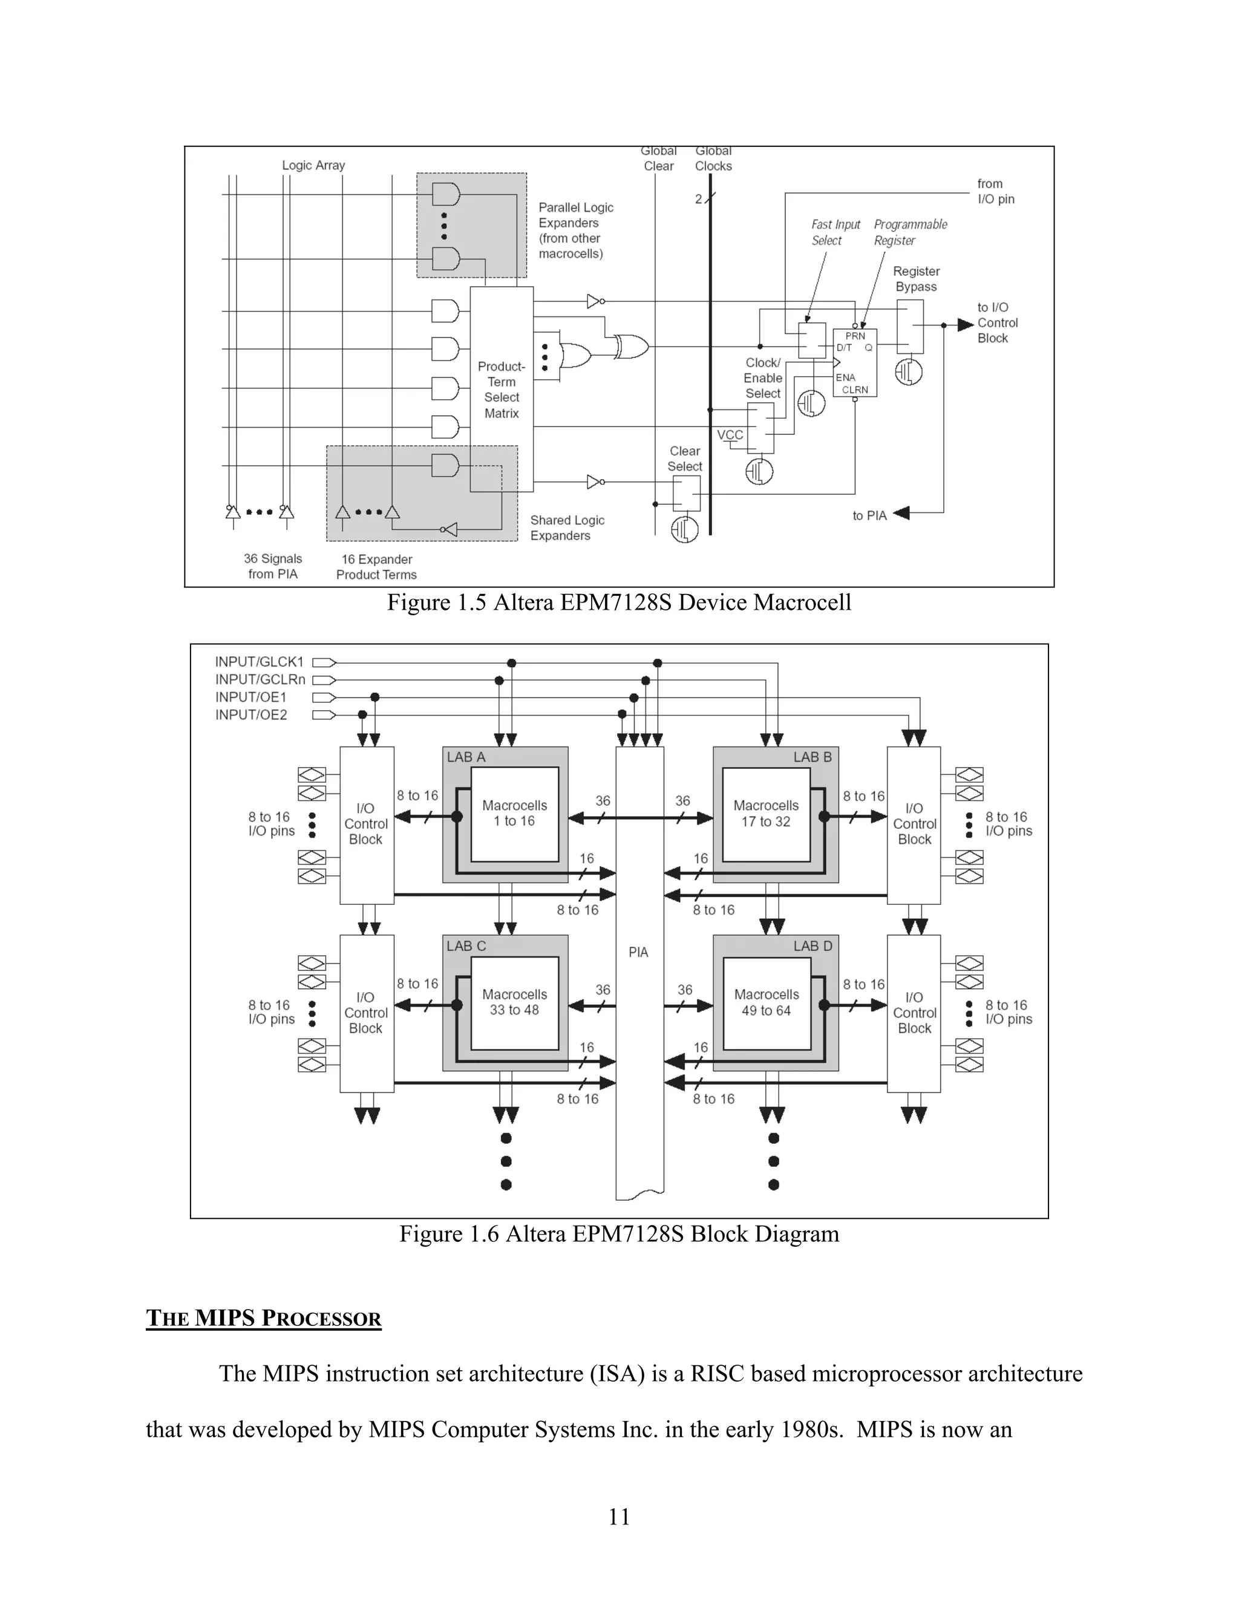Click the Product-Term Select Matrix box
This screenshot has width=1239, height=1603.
[x=502, y=389]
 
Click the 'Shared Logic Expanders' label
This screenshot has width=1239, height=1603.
[x=567, y=527]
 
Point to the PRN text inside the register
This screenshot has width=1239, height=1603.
[x=855, y=336]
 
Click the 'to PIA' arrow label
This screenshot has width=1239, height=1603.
[x=870, y=516]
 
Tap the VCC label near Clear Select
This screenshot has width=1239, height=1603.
[x=730, y=436]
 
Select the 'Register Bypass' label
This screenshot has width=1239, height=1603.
[x=916, y=279]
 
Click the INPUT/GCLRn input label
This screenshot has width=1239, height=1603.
[x=260, y=680]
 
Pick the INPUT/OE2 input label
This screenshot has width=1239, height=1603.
[x=251, y=715]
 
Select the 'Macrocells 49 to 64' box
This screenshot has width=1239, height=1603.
[x=767, y=1002]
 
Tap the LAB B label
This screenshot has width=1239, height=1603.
[x=812, y=757]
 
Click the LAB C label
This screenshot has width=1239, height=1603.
[x=466, y=946]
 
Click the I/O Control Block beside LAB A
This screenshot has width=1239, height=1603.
[x=365, y=824]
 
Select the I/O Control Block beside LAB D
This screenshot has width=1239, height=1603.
[x=914, y=1013]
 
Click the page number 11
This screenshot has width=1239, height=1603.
[x=619, y=1516]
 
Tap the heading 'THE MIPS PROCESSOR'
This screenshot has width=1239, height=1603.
[x=264, y=1318]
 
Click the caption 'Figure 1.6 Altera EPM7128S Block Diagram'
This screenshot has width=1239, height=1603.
[x=619, y=1234]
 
